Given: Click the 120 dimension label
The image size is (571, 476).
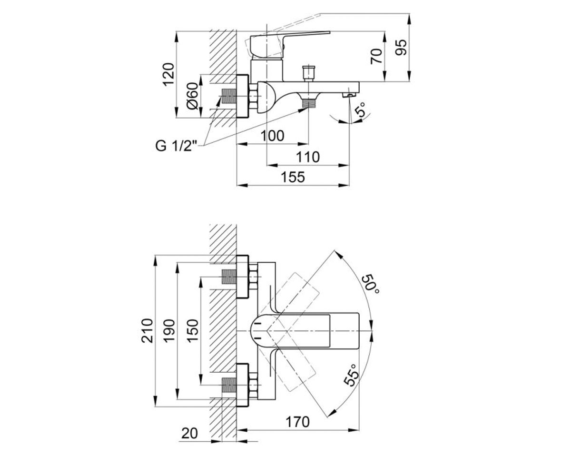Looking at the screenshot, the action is (168, 74).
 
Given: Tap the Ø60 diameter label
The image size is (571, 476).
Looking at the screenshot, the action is (193, 96).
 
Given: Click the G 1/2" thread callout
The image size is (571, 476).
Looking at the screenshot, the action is (176, 146).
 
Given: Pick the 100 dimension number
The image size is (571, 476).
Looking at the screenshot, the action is (272, 136).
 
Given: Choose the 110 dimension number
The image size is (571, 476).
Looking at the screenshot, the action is (308, 157).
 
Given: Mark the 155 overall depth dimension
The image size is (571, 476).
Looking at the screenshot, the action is (293, 177).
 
